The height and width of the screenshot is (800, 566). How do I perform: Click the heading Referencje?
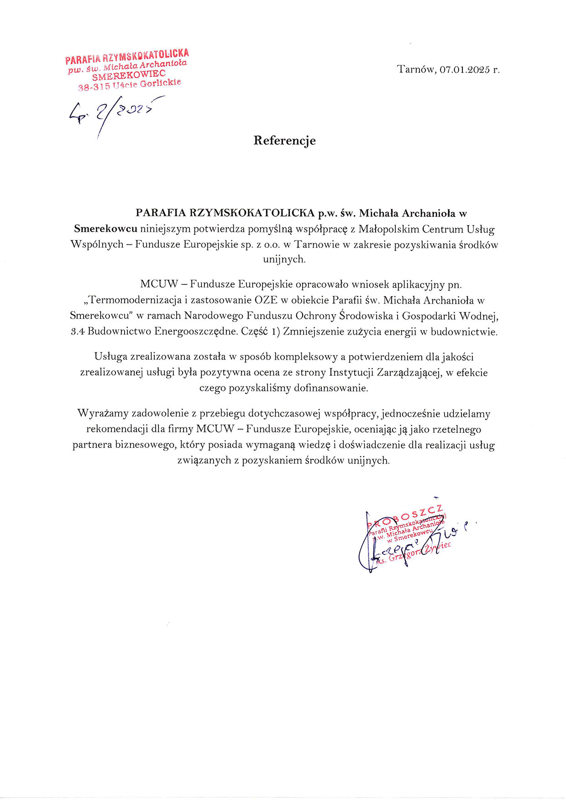point(284,140)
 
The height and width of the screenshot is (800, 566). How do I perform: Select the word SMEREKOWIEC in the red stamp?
point(128,75)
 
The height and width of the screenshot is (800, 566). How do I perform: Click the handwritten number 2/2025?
point(123,111)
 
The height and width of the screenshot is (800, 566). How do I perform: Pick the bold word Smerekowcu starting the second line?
point(105,229)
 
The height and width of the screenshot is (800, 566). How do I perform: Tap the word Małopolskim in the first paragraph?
point(387,229)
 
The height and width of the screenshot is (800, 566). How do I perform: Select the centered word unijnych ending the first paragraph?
point(284,259)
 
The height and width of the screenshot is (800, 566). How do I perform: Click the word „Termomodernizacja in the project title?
point(135,300)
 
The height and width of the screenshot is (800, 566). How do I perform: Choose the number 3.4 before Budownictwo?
point(78,332)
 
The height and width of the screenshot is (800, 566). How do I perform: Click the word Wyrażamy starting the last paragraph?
point(103,414)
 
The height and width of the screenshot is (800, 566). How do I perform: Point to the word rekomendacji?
point(115,429)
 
